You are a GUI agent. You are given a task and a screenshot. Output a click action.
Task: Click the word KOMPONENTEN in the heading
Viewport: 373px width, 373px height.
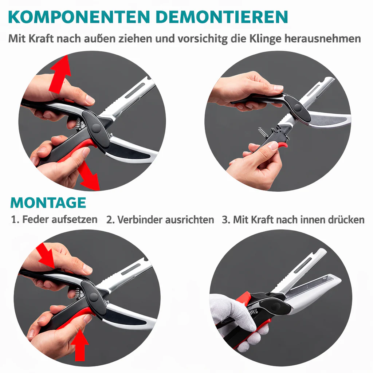[79, 17]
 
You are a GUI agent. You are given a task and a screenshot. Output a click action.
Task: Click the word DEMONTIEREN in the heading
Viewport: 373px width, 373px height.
[222, 17]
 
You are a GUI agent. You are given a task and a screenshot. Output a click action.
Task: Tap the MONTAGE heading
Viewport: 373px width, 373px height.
[48, 203]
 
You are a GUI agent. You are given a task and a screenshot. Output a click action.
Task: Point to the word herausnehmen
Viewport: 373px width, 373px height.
[322, 39]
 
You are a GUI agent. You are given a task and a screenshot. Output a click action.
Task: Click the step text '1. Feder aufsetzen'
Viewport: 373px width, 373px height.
[54, 219]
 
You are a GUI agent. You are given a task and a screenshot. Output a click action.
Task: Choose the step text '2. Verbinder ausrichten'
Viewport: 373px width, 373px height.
[160, 220]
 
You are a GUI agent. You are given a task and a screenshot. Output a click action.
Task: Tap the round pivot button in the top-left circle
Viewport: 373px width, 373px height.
[96, 127]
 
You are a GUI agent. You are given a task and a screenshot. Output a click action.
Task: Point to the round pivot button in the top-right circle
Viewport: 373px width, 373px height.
[297, 107]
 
